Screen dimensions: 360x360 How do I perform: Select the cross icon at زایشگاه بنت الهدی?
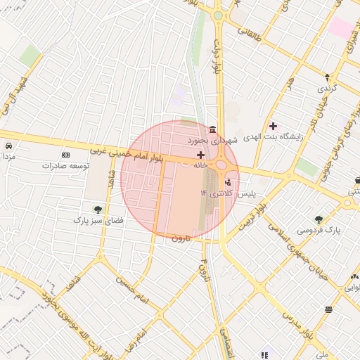[x=273, y=126]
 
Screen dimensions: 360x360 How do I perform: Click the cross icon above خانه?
[x=200, y=155]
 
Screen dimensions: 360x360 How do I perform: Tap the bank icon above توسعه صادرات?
[x=66, y=155]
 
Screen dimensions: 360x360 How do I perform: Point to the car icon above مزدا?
[x=8, y=146]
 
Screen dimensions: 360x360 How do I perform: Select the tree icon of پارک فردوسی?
[x=319, y=219]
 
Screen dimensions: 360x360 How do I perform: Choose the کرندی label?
[x=326, y=89]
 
